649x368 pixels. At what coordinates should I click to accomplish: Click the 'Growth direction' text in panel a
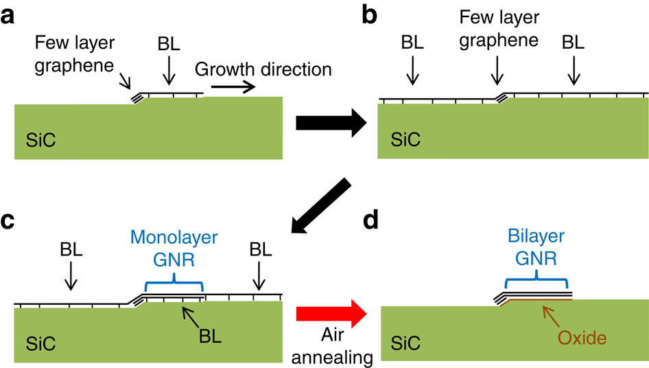click(263, 69)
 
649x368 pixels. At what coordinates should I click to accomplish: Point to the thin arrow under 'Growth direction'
click(233, 87)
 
